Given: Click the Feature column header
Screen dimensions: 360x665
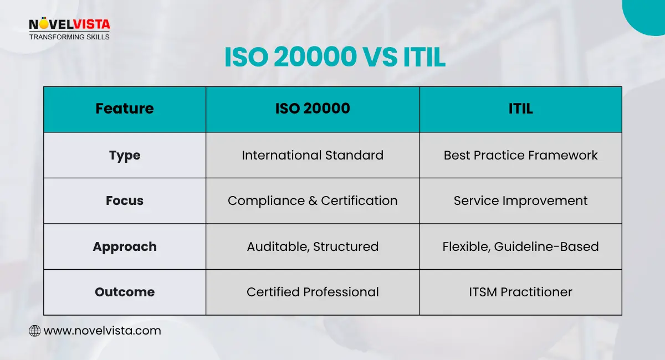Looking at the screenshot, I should tap(125, 109).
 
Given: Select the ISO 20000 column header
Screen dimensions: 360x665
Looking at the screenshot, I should tap(313, 109).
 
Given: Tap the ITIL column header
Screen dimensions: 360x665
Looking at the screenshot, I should tap(520, 109).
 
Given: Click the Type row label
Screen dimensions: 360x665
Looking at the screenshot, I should tap(125, 155).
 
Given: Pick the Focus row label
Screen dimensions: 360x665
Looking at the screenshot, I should tap(125, 200).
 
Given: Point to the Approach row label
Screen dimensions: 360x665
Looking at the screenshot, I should tap(125, 246).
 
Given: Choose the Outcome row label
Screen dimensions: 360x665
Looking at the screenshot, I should tap(125, 292).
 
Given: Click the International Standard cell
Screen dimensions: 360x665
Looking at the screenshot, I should tap(313, 155).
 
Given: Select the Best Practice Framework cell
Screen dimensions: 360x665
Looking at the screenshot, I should tap(520, 155).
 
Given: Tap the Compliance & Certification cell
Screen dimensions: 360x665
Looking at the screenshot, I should tap(313, 200).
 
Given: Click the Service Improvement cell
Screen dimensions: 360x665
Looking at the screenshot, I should tap(520, 200).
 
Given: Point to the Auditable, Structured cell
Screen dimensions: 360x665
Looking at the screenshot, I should tap(313, 246).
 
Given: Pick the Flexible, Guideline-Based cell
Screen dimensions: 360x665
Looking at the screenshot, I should tap(520, 246).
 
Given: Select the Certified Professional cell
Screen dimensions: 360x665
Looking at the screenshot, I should tap(313, 292).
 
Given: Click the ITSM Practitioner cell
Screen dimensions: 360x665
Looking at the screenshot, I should tap(520, 292).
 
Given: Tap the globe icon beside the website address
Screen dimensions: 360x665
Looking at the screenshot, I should tap(34, 331).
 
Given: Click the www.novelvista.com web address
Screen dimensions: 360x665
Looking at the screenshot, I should tap(102, 331).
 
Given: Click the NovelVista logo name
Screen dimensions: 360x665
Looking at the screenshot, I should tap(69, 24).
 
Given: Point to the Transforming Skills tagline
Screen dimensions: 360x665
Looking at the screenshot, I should tap(69, 37).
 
